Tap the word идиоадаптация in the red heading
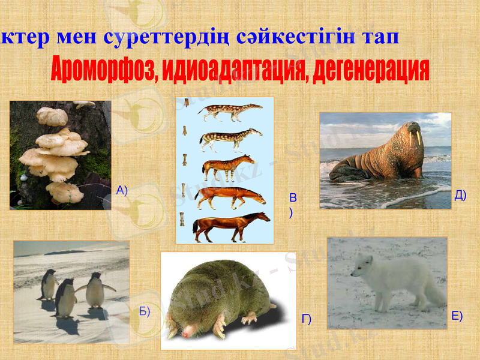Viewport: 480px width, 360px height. [x=226, y=71]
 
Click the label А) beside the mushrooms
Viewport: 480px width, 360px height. [x=122, y=191]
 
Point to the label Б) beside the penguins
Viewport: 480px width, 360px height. [x=144, y=311]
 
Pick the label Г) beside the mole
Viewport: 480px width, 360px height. [x=306, y=319]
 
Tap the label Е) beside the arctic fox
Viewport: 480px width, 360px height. [x=457, y=316]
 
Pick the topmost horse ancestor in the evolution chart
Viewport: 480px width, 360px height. [x=230, y=112]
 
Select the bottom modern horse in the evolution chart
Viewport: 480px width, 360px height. [x=231, y=224]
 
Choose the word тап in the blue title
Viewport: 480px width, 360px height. [x=381, y=37]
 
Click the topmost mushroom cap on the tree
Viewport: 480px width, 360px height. [x=52, y=115]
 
